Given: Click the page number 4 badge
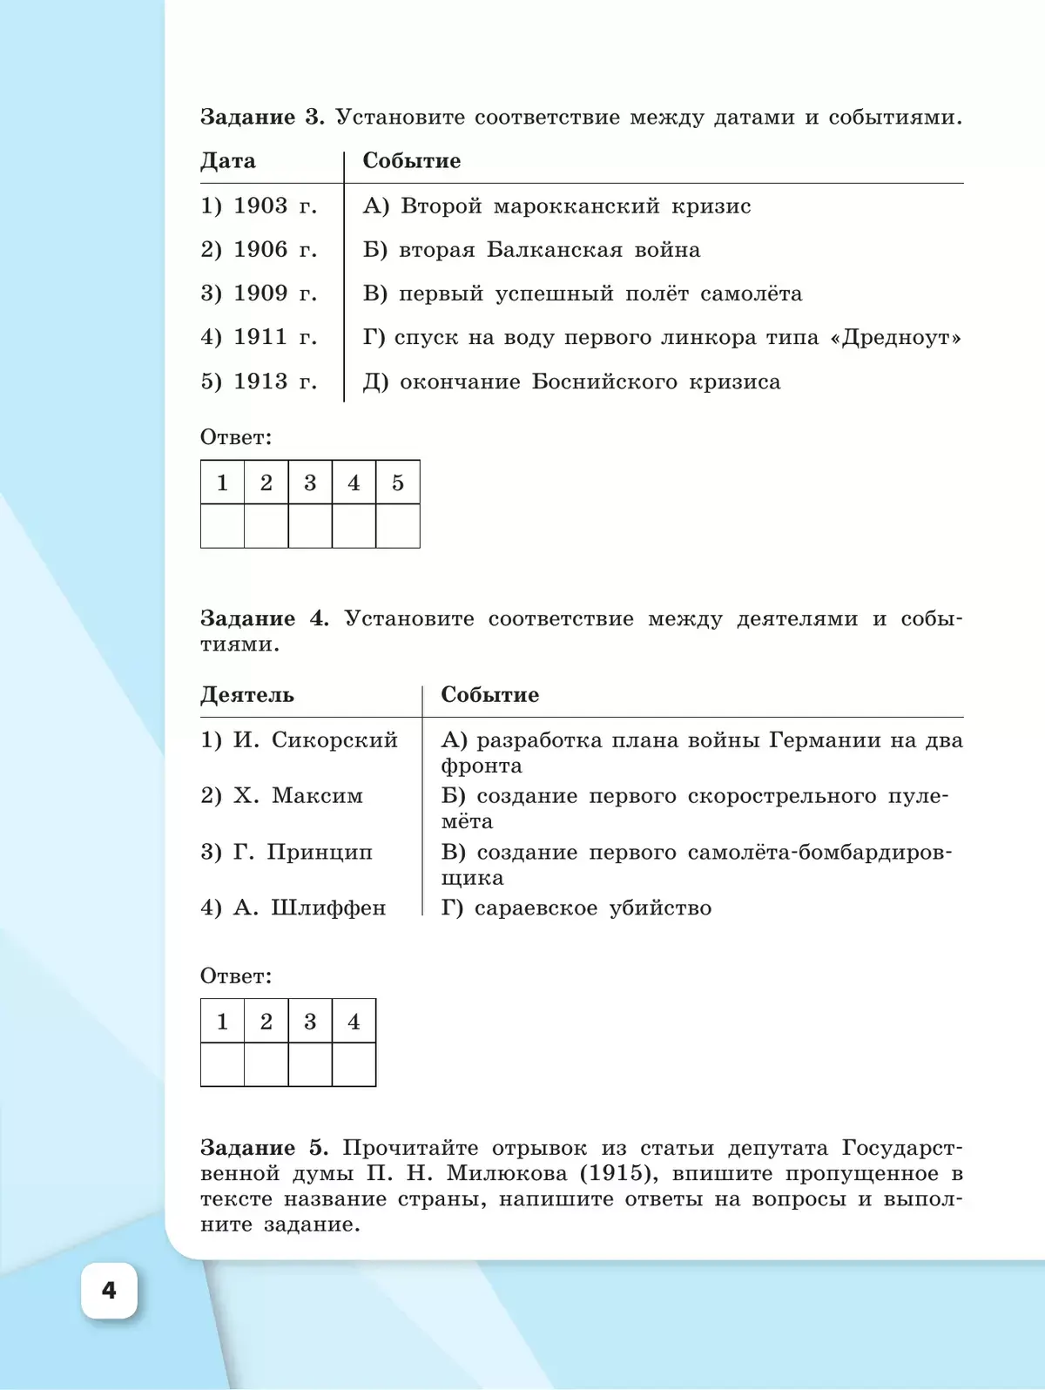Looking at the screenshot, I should pos(109,1290).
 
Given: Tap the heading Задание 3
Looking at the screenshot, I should pos(261,118).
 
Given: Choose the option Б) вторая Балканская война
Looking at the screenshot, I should pos(531,251).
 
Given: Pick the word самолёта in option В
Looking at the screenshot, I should pos(751,294).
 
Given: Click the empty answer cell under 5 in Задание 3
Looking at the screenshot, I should pos(397,526).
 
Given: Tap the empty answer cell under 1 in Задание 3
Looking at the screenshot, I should pos(222,526).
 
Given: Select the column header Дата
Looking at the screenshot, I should pos(228,161).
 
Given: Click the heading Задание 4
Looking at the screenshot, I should pos(264,619).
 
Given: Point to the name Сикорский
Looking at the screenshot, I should pos(334,740).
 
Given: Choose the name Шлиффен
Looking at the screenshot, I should pos(328,908).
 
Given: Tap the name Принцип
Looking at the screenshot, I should pos(320,852).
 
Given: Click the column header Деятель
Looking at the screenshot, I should pos(247,695).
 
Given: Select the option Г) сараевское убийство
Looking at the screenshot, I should pos(576,908).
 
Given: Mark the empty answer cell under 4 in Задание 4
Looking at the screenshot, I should pos(354,1064).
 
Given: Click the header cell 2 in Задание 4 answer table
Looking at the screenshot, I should pos(266,1021).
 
